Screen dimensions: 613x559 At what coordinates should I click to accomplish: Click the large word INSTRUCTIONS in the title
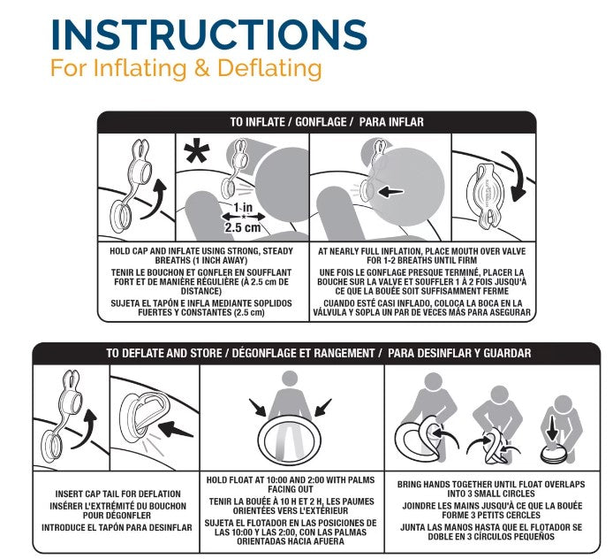[209, 34]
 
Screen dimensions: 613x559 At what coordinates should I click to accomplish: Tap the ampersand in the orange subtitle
[202, 68]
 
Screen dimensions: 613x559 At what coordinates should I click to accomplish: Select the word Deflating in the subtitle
[269, 68]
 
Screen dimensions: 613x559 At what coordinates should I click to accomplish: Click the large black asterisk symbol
[197, 153]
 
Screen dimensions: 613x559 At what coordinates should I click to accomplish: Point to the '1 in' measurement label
[243, 208]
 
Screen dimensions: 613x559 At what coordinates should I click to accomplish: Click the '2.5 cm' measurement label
[242, 227]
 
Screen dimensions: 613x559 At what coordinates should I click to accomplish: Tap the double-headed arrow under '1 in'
[243, 217]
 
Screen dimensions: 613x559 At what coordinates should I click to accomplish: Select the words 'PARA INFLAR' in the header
[391, 122]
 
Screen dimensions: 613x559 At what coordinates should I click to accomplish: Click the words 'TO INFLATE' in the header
[257, 122]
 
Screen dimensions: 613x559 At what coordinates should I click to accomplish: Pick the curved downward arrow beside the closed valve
[516, 176]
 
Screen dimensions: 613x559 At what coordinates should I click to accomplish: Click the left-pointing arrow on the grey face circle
[391, 192]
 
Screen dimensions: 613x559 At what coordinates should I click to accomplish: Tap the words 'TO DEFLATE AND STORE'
[164, 353]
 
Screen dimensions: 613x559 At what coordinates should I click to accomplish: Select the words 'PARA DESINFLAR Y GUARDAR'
[459, 353]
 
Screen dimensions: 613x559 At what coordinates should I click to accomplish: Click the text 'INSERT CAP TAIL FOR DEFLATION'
[118, 494]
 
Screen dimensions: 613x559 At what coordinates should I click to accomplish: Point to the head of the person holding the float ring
[290, 379]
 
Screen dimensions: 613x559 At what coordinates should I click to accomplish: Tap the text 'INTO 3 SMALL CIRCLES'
[491, 494]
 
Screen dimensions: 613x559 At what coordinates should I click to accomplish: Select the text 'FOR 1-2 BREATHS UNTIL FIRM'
[422, 260]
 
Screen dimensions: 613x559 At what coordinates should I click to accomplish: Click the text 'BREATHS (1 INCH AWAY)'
[201, 260]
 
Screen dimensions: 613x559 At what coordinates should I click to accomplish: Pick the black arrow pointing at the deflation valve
[176, 429]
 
